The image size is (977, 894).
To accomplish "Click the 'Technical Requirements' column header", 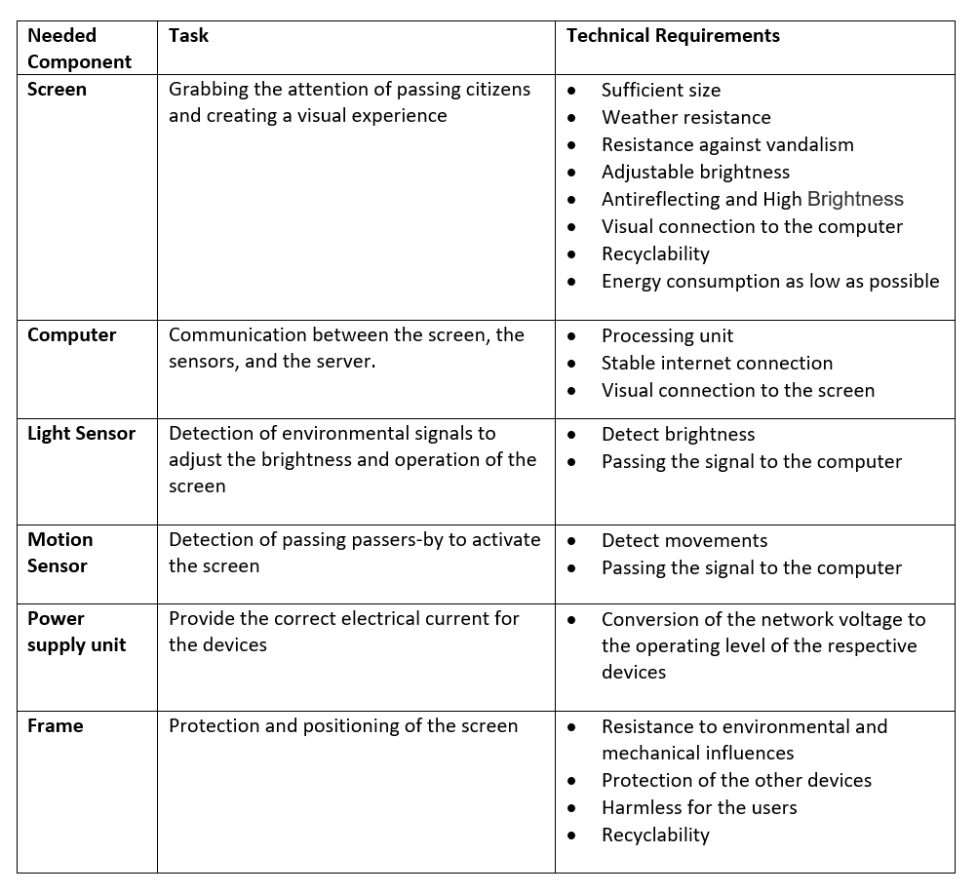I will coord(673,36).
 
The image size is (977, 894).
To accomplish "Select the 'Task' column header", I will coord(188,36).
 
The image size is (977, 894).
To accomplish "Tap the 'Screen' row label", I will coord(57,90).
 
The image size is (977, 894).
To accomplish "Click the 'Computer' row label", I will coord(71,335).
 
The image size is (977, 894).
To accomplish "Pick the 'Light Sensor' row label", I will coord(81,434).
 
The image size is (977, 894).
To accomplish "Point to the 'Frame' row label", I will coord(56,726).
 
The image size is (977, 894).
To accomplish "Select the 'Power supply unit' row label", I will coord(76,632).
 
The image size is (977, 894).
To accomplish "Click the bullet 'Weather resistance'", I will coord(685,118).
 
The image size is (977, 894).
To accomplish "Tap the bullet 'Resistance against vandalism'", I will coord(726,145).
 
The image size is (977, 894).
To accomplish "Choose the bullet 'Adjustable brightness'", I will coord(695,173).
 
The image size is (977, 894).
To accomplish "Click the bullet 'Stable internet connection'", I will coord(717,364).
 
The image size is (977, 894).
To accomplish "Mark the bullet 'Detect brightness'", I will coord(678,435).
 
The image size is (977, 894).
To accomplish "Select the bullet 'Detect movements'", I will coord(684,541).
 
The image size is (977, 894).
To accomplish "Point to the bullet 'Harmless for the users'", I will coord(699,808).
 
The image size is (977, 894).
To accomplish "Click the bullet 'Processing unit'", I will coord(667,336).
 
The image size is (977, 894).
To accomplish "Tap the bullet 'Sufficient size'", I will coord(660,91).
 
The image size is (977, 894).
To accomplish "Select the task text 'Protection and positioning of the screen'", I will coord(343,726).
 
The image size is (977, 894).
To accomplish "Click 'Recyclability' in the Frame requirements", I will coord(655,836).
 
